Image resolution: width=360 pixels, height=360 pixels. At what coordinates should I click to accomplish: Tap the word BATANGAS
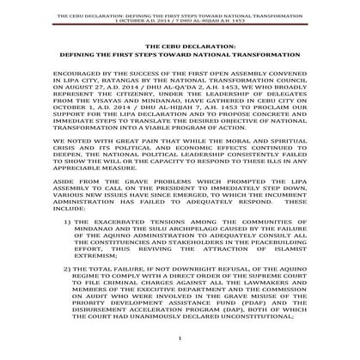106,85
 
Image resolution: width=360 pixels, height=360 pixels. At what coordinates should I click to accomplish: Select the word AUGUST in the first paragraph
76,94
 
